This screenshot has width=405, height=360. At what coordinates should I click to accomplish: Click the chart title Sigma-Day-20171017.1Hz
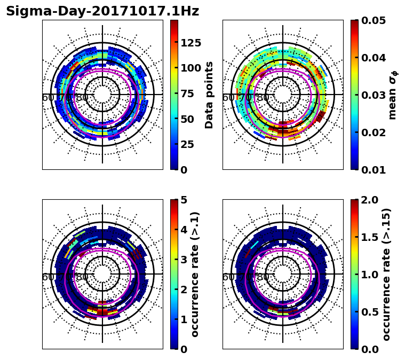click(x=102, y=11)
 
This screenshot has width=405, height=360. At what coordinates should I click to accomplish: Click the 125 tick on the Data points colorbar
click(x=190, y=43)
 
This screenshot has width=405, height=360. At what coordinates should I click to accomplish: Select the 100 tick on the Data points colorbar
click(x=190, y=68)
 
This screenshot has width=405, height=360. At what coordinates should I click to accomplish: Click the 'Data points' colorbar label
click(x=209, y=95)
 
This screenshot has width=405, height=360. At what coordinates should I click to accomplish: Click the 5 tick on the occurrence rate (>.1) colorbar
click(x=184, y=200)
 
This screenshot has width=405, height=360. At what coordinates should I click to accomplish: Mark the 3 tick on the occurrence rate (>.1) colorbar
click(x=184, y=260)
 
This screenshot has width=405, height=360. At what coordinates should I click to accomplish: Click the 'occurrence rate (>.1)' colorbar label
click(x=195, y=274)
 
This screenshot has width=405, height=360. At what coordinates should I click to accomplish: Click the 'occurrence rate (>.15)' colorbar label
click(x=386, y=274)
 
